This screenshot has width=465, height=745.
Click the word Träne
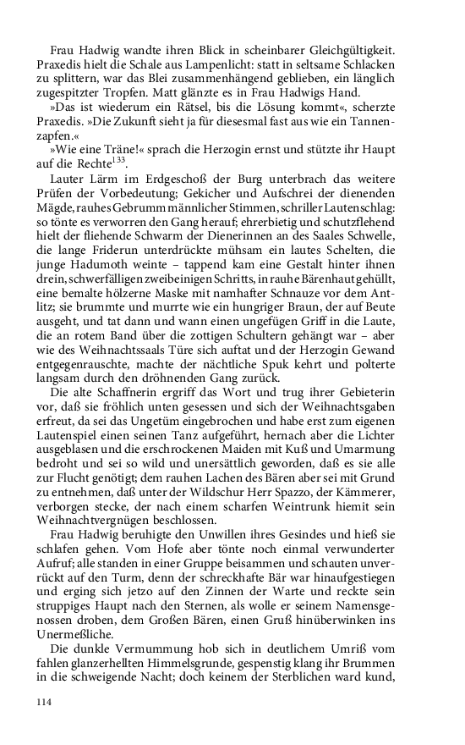tap(106, 143)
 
